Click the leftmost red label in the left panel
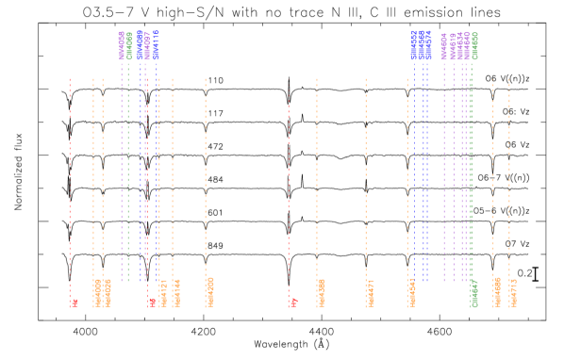(x=75, y=303)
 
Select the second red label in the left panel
(x=152, y=302)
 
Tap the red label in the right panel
(x=293, y=302)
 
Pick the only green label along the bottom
(x=474, y=293)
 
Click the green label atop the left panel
(x=129, y=45)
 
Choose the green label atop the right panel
(x=474, y=45)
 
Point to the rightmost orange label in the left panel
(x=210, y=291)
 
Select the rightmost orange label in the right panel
(x=513, y=292)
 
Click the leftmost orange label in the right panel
(x=322, y=292)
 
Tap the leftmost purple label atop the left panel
(x=122, y=45)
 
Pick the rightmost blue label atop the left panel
(x=157, y=44)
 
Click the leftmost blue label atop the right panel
(x=413, y=44)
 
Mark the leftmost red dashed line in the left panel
(x=70, y=179)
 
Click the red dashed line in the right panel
(x=288, y=179)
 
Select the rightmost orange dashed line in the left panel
(x=206, y=179)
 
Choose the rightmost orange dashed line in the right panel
(x=509, y=179)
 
